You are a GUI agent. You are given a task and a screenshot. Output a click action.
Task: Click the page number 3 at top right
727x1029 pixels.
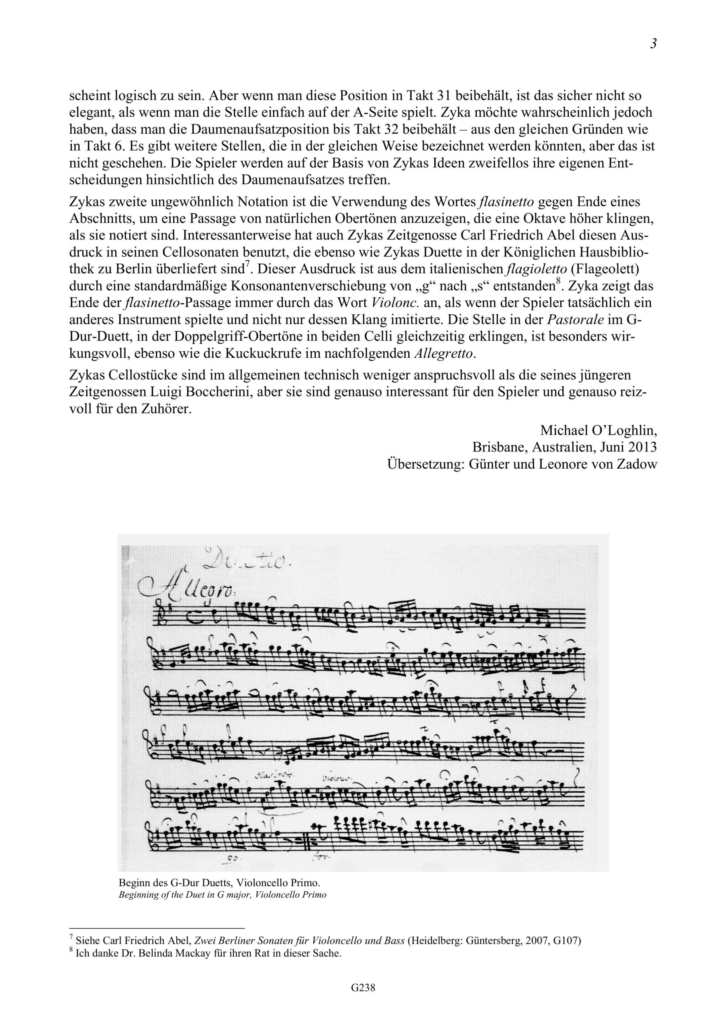tap(653, 44)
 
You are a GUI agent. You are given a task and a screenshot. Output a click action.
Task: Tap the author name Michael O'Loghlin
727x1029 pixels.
tap(598, 430)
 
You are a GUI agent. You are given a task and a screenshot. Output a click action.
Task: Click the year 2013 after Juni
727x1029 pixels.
tap(642, 447)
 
